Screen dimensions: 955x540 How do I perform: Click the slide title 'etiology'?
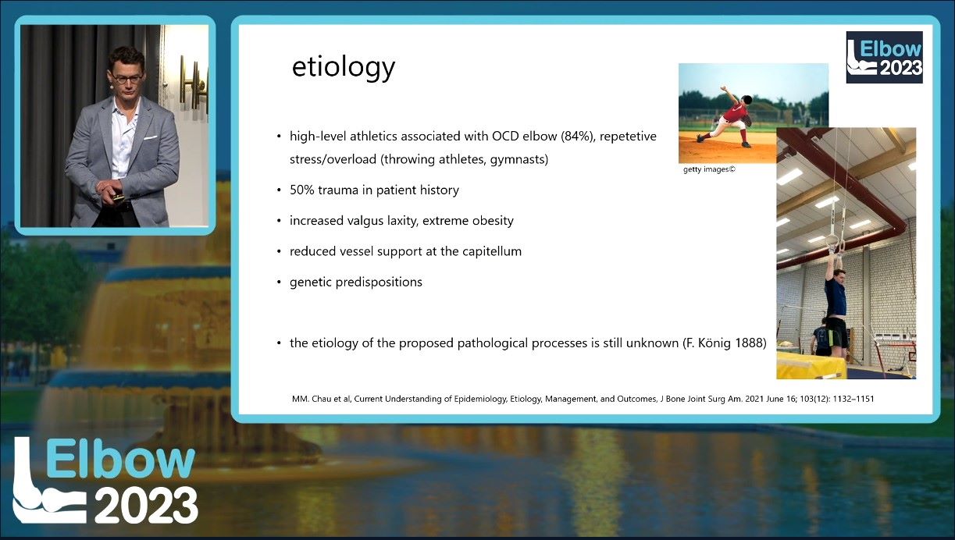344,68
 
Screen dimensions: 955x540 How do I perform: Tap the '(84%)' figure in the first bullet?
578,137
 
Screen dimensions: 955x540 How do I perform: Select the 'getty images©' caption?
709,169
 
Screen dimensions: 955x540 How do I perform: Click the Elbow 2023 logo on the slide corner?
884,57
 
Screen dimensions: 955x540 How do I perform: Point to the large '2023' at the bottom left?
146,505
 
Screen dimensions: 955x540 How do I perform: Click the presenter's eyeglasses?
127,79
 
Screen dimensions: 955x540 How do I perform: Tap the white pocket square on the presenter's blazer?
151,137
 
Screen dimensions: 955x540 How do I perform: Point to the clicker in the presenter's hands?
117,197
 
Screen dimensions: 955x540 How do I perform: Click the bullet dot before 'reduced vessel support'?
279,251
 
